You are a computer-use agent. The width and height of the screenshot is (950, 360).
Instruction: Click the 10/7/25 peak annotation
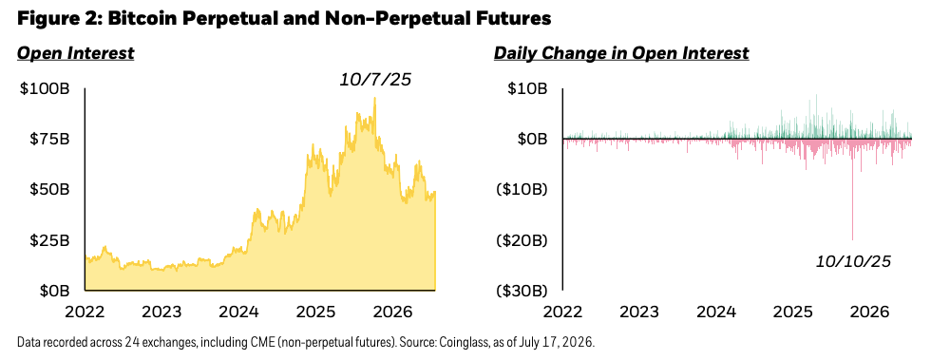tap(373, 80)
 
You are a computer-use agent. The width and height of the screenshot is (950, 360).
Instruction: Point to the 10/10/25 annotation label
tap(854, 261)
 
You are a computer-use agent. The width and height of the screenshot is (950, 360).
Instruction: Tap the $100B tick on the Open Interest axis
tap(45, 89)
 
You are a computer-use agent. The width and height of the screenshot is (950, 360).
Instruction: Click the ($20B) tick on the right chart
tap(522, 240)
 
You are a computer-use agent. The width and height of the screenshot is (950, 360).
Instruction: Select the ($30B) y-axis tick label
tap(522, 291)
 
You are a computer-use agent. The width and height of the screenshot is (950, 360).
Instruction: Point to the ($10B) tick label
tap(522, 190)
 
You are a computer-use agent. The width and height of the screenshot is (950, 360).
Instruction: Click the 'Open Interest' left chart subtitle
tap(76, 53)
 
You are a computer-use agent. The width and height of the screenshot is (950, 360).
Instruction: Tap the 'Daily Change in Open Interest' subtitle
tap(621, 53)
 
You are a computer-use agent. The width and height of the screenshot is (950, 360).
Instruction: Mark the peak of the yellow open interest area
tap(375, 98)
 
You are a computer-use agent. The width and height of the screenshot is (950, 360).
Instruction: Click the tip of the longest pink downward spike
tap(852, 240)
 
